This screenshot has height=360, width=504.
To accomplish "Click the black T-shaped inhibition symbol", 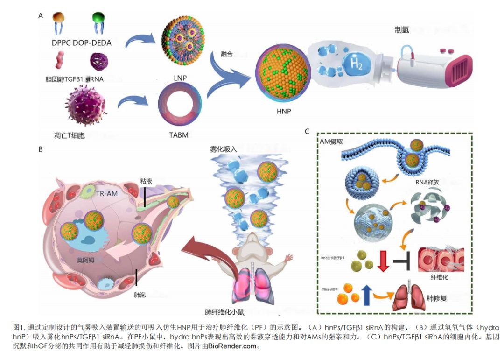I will [402, 261].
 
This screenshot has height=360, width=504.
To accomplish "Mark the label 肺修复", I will [436, 298].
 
